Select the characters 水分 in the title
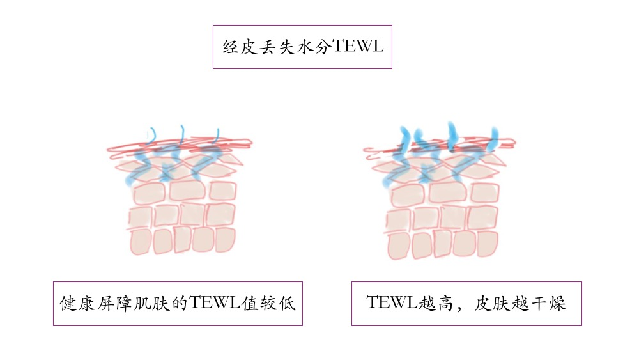tap(311, 47)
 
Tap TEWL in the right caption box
tap(392, 303)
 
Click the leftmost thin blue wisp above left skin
tap(151, 136)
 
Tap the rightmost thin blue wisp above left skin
tap(217, 135)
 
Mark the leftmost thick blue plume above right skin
tap(404, 136)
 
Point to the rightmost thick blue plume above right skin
tap(493, 136)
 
